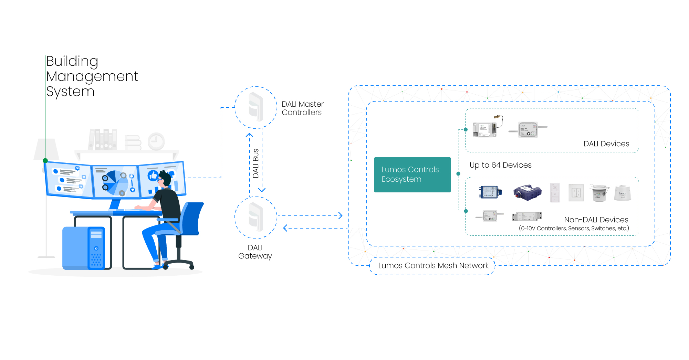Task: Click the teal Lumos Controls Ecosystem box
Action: coord(412,174)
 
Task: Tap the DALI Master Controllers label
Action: coord(302,108)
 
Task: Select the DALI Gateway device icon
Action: coord(256,217)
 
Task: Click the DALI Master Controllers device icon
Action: coord(256,107)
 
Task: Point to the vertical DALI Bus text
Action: coord(255,163)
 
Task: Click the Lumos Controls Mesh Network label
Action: coord(433,265)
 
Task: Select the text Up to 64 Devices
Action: coord(500,165)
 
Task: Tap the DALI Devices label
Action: coord(606,144)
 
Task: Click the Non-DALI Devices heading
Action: coord(596,220)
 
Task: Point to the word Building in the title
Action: coord(72,61)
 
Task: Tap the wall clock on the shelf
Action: coord(156,141)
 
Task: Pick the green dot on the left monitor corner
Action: coord(45,160)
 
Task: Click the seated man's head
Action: coord(165,178)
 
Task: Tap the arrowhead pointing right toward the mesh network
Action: coord(340,216)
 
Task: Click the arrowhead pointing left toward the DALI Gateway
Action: coord(285,228)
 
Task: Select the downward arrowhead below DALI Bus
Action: coord(262,190)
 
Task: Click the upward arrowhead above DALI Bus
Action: coord(250,135)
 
